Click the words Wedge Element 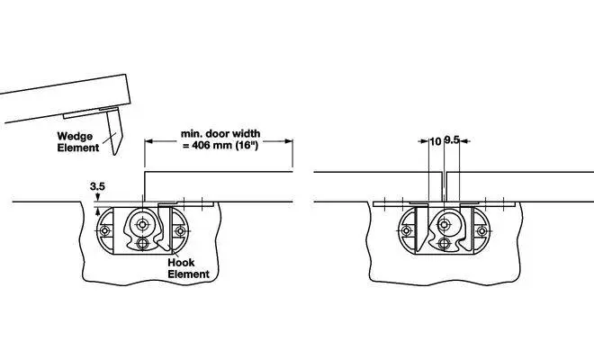pyautogui.click(x=78, y=141)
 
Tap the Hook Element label pyautogui.click(x=188, y=267)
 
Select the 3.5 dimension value pyautogui.click(x=98, y=187)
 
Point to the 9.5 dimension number pyautogui.click(x=453, y=140)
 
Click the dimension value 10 pyautogui.click(x=436, y=140)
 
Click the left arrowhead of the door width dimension pyautogui.click(x=148, y=140)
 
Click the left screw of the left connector pyautogui.click(x=106, y=231)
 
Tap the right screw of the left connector pyautogui.click(x=179, y=231)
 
